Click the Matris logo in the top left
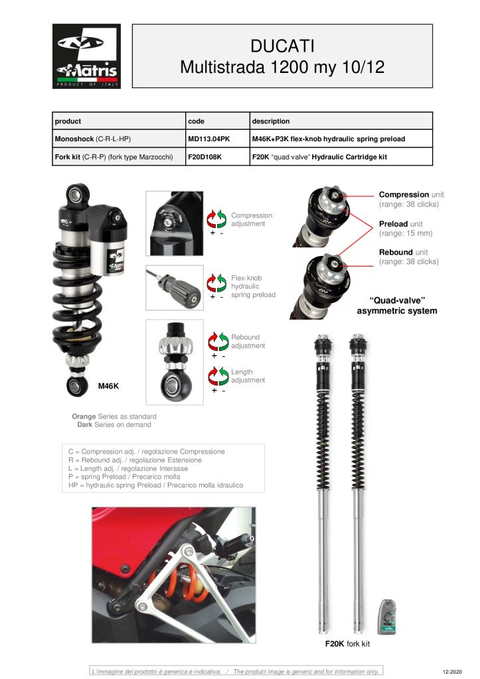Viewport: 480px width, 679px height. point(86,56)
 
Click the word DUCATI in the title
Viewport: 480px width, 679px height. point(282,46)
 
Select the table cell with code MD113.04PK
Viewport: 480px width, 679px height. point(209,139)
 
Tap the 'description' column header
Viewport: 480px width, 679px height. point(270,121)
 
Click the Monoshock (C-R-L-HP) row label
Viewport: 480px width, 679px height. point(93,139)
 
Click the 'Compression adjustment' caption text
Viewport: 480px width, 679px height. point(251,219)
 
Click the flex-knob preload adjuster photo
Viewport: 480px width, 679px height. point(174,287)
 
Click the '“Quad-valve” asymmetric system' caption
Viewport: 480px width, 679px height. point(397,306)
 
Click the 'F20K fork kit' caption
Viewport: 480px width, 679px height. point(347,644)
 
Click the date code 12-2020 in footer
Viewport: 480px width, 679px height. point(451,672)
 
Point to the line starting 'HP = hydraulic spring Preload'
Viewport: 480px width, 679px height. point(157,485)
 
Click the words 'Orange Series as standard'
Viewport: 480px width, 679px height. point(114,416)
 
